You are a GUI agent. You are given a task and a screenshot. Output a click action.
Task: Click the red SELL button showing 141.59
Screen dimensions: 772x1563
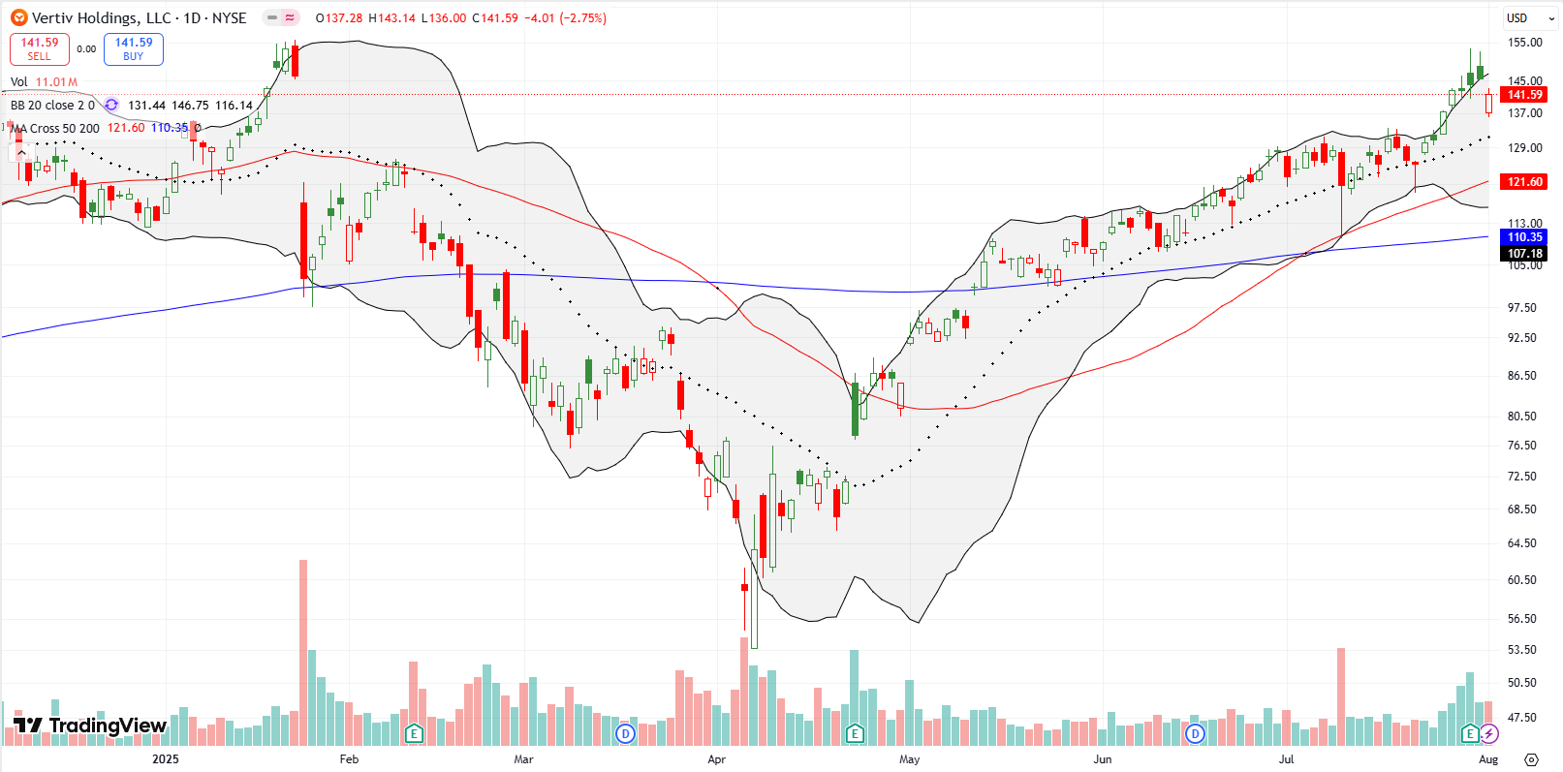pyautogui.click(x=40, y=49)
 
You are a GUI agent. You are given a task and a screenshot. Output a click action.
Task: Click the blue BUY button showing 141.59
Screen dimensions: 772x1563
pyautogui.click(x=134, y=49)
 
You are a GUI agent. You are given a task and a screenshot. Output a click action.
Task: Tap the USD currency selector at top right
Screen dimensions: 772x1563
pyautogui.click(x=1516, y=17)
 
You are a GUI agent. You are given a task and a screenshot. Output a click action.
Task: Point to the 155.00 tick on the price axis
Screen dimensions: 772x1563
pyautogui.click(x=1524, y=43)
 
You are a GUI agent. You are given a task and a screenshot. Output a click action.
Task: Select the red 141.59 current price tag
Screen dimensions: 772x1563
pyautogui.click(x=1523, y=95)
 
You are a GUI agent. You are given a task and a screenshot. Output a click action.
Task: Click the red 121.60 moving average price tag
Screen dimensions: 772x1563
pyautogui.click(x=1523, y=182)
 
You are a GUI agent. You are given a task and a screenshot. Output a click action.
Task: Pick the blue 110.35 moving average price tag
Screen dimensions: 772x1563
pyautogui.click(x=1523, y=237)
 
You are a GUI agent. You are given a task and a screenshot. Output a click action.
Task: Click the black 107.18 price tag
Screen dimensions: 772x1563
pyautogui.click(x=1523, y=254)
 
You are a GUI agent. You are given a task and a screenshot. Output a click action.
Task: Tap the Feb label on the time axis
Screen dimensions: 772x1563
pyautogui.click(x=349, y=759)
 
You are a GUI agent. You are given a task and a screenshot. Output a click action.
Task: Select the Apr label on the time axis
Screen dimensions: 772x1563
pyautogui.click(x=716, y=759)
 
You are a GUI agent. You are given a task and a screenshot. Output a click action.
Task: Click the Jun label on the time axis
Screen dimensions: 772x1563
pyautogui.click(x=1102, y=759)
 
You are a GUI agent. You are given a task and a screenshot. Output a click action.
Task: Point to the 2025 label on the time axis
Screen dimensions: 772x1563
pyautogui.click(x=166, y=759)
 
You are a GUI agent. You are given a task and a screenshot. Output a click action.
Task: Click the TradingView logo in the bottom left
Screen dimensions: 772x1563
pyautogui.click(x=89, y=726)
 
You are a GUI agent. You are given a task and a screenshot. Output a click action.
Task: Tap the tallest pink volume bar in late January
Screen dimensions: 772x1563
pyautogui.click(x=303, y=652)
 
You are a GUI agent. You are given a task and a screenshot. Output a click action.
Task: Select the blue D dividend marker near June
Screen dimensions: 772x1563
pyautogui.click(x=1195, y=734)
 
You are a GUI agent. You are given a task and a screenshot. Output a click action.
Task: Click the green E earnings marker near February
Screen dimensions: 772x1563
pyautogui.click(x=414, y=734)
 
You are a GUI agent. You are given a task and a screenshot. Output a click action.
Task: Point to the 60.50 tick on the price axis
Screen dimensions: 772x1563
pyautogui.click(x=1522, y=580)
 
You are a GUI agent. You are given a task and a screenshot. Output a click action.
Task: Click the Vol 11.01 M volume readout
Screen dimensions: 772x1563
pyautogui.click(x=45, y=82)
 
